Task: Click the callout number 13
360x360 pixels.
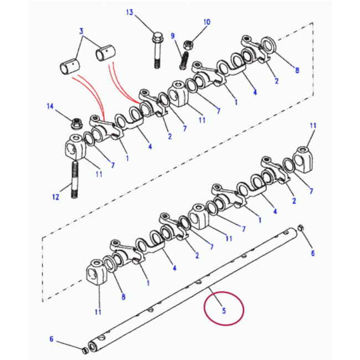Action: (130, 12)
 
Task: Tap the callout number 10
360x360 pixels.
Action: (207, 22)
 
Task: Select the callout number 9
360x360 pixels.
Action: (173, 36)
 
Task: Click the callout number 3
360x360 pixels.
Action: (81, 31)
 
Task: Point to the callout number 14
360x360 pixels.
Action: (50, 106)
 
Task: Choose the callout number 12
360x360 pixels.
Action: (55, 197)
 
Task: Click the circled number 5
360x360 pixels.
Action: (224, 311)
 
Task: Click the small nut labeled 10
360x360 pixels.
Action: (188, 44)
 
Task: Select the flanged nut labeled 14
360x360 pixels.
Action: (75, 124)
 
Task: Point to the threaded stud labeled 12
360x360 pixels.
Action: (74, 179)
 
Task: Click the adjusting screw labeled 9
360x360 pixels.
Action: (184, 61)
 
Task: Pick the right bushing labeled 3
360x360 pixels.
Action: (106, 53)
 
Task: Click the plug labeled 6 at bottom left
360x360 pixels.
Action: (85, 351)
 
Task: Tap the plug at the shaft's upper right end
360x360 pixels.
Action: (301, 228)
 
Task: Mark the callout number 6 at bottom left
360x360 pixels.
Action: (52, 339)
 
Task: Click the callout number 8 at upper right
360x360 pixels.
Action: (297, 70)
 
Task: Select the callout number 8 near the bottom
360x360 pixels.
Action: (124, 297)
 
